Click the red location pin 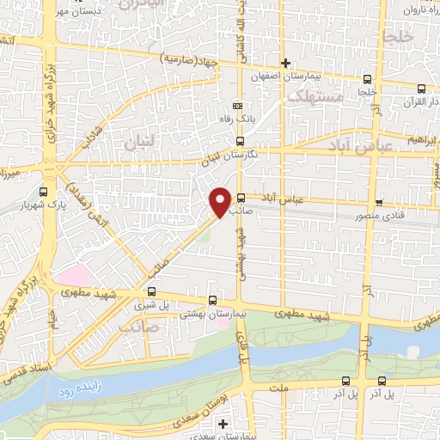click(x=220, y=201)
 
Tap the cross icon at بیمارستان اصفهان click(x=286, y=62)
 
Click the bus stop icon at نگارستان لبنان click(x=239, y=141)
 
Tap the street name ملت click(x=277, y=388)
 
